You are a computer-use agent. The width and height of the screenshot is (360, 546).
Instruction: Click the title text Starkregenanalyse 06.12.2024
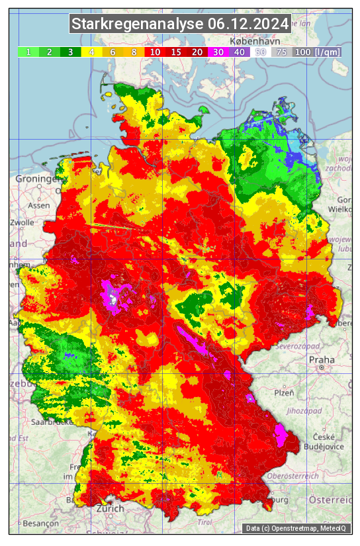click(x=180, y=24)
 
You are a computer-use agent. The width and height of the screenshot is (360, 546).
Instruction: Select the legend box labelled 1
click(x=28, y=52)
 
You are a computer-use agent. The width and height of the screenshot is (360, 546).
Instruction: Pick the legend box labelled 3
click(x=70, y=52)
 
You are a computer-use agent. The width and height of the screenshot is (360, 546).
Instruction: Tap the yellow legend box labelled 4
click(x=91, y=52)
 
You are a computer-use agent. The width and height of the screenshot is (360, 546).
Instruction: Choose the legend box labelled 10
click(x=155, y=52)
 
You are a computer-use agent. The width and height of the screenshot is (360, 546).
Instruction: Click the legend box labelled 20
click(x=197, y=52)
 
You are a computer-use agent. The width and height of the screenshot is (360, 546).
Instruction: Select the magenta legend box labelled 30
click(x=218, y=52)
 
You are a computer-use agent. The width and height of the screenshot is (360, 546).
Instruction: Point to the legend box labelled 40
click(x=240, y=52)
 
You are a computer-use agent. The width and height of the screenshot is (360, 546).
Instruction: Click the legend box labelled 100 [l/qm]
click(x=317, y=52)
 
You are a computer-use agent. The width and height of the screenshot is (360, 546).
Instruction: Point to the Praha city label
click(x=320, y=359)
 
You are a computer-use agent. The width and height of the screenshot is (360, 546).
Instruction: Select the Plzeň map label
click(x=284, y=392)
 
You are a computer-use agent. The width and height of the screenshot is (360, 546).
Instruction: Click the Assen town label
click(x=39, y=205)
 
